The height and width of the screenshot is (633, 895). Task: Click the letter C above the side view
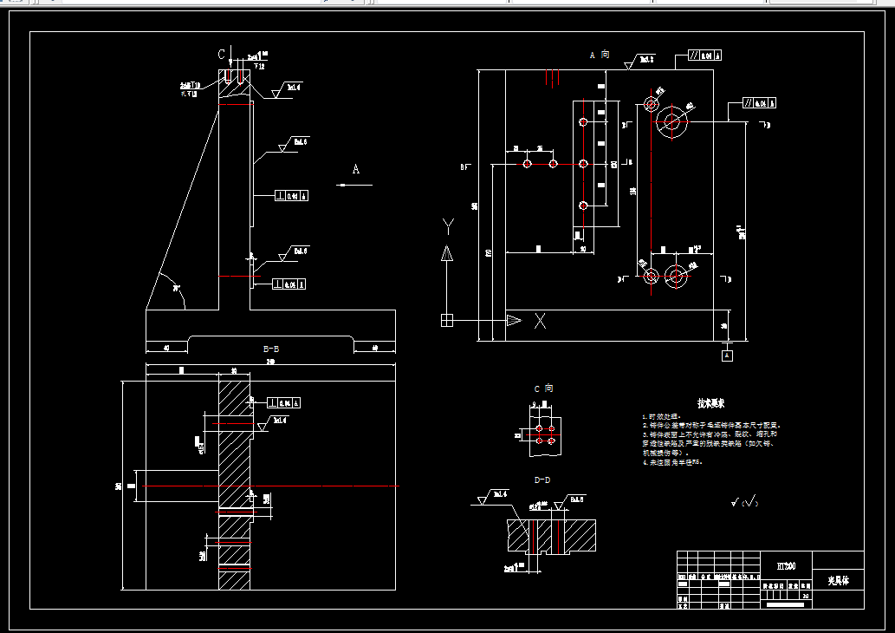[x=222, y=54]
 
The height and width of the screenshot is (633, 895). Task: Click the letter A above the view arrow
[x=355, y=169]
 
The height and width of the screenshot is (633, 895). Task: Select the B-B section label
[x=271, y=349]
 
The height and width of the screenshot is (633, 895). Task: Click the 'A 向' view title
[x=600, y=55]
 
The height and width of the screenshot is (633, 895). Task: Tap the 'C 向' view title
[x=542, y=388]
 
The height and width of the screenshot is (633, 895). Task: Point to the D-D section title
[x=543, y=479]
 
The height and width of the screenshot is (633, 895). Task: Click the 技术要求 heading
[x=711, y=403]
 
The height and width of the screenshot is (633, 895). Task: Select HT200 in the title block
[x=787, y=564]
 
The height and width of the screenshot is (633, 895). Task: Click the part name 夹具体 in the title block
[x=839, y=580]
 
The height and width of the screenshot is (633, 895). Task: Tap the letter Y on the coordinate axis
[x=447, y=227]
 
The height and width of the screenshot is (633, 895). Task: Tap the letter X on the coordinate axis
[x=540, y=321]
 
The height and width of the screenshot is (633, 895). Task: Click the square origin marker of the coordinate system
[x=447, y=320]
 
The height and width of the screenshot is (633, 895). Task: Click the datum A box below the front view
[x=727, y=355]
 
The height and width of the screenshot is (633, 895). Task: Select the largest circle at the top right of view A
[x=670, y=121]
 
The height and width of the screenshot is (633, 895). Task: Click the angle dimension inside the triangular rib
[x=176, y=288]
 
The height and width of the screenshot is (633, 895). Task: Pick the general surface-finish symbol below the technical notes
[x=743, y=501]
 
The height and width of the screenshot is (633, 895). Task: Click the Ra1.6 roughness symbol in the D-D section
[x=496, y=496]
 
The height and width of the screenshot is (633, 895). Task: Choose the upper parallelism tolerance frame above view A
[x=705, y=55]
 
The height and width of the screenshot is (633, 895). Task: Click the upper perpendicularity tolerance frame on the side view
[x=292, y=195]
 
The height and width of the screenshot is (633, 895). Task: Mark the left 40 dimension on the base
[x=165, y=349]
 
